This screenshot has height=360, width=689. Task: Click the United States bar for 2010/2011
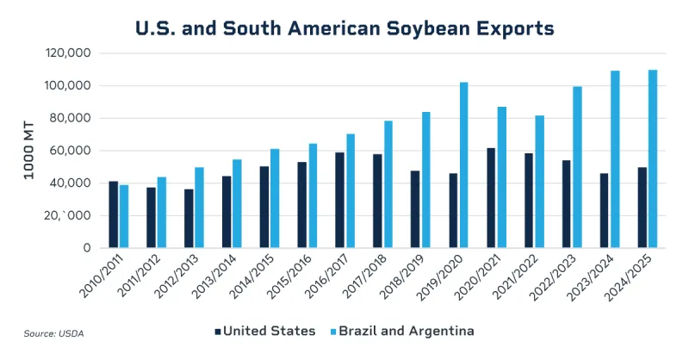pyautogui.click(x=114, y=214)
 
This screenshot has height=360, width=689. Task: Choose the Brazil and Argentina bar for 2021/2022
pyautogui.click(x=540, y=182)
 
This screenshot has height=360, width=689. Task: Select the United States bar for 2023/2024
pyautogui.click(x=605, y=211)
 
